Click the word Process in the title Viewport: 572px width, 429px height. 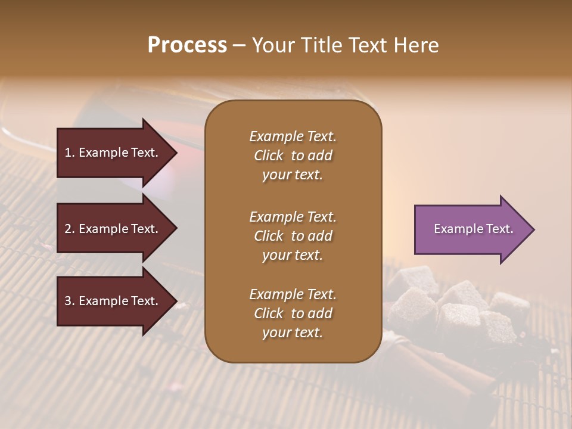click(187, 45)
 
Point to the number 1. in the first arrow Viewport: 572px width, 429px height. click(70, 153)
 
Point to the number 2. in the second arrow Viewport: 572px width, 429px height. click(70, 229)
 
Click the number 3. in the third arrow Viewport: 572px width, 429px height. click(70, 301)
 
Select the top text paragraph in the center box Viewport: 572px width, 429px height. click(293, 156)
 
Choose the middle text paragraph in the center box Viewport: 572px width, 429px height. click(293, 236)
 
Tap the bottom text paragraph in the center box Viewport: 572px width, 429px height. click(293, 313)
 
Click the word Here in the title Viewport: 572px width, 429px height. click(417, 45)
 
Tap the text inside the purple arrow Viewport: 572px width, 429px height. click(474, 229)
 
